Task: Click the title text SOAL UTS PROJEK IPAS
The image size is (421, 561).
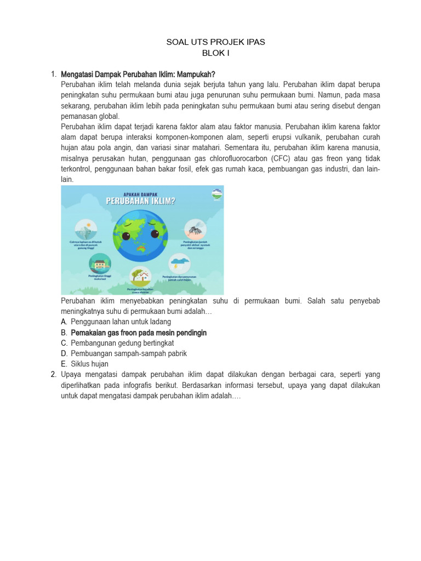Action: [x=215, y=42]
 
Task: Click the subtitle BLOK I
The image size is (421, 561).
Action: [x=215, y=53]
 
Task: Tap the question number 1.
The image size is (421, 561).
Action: [x=53, y=74]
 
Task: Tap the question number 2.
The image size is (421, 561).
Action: [x=53, y=374]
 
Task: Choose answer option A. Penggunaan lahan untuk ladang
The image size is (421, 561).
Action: [x=121, y=322]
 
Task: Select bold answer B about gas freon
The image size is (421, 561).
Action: [x=138, y=333]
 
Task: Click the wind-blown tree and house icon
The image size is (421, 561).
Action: [x=141, y=276]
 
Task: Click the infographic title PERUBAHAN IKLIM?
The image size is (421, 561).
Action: [x=141, y=201]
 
